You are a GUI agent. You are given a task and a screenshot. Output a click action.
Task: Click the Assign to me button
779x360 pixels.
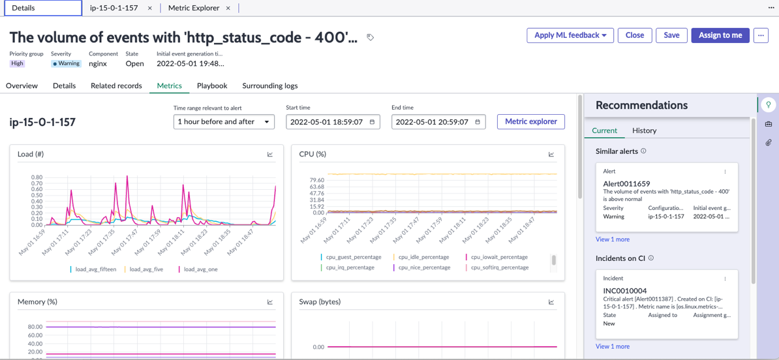click(720, 35)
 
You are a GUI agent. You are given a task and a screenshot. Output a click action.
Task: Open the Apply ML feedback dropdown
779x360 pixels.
click(570, 35)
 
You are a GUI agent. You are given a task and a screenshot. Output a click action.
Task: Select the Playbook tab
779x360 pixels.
click(212, 85)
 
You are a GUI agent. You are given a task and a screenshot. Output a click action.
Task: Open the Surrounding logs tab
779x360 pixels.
click(269, 85)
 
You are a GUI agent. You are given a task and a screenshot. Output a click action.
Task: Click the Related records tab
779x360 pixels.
click(116, 85)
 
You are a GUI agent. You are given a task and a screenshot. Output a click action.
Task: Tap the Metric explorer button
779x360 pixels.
click(531, 121)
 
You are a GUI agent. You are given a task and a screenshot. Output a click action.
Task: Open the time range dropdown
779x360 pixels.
click(224, 122)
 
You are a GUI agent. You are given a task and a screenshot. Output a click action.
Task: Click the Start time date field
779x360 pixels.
click(333, 122)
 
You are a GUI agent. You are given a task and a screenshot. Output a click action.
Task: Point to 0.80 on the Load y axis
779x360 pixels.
click(37, 177)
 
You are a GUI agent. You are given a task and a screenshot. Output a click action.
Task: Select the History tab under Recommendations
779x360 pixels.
click(645, 130)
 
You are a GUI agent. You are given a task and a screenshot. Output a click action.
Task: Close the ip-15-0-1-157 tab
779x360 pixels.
click(150, 8)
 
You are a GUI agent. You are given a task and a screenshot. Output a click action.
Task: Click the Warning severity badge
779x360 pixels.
click(66, 63)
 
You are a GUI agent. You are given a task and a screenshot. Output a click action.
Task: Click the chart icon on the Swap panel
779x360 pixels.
click(551, 301)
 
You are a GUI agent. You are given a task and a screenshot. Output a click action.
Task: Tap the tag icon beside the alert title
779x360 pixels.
click(370, 37)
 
